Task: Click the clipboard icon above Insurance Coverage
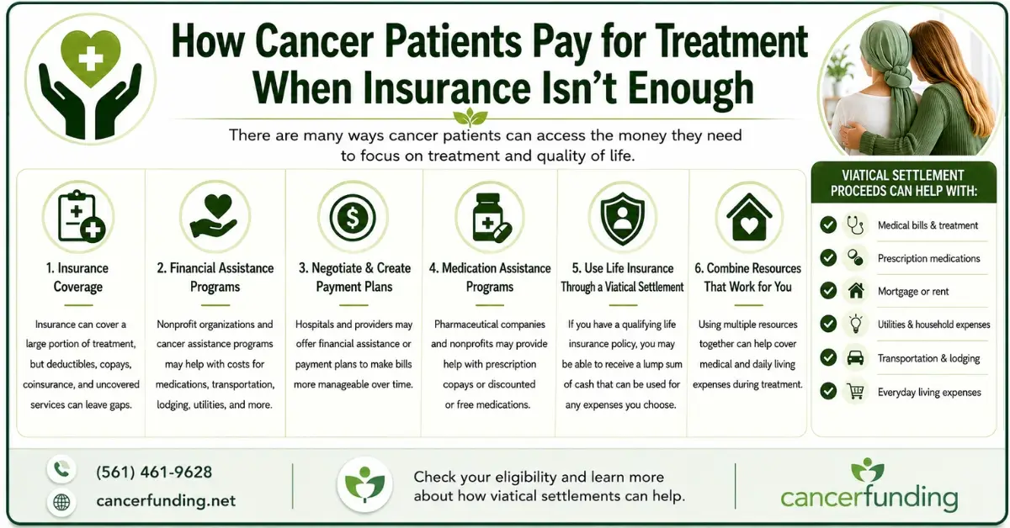point(81,217)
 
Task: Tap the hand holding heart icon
point(215,217)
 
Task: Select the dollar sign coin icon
point(352,218)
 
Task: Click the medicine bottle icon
point(491,219)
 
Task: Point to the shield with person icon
point(622,219)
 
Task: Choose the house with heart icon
point(749,217)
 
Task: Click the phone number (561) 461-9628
point(154,473)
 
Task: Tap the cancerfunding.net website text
point(166,500)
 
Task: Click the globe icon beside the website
point(61,502)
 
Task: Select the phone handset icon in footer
point(61,470)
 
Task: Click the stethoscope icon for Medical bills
point(855,225)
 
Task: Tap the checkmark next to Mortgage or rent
point(828,291)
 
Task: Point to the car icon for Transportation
point(855,357)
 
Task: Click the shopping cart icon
point(855,392)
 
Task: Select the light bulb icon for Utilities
point(855,324)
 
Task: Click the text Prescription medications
point(928,259)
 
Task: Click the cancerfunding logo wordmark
point(869,498)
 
